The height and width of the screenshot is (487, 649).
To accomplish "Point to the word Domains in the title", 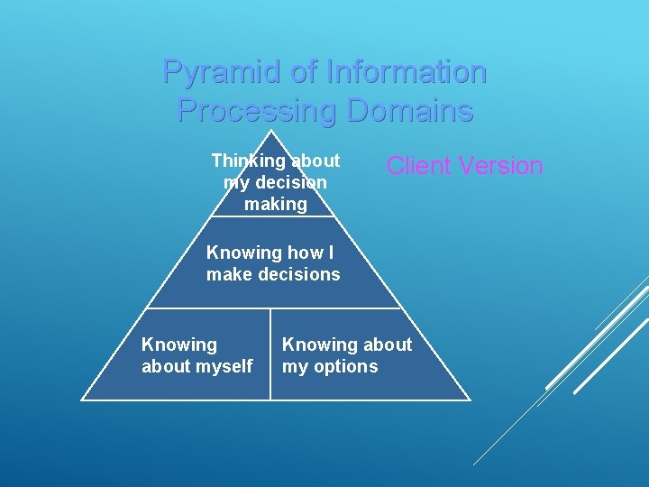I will coord(410,111).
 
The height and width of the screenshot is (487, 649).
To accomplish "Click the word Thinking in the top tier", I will coord(247,161).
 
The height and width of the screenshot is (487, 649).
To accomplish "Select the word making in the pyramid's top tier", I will coord(276,204).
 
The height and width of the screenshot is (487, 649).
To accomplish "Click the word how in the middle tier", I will coord(294,253).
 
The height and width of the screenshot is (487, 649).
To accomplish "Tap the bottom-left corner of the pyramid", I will coord(82,399).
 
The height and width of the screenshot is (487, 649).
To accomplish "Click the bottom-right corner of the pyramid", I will coord(470,399).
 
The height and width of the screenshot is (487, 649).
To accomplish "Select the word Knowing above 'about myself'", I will coord(179,345).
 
